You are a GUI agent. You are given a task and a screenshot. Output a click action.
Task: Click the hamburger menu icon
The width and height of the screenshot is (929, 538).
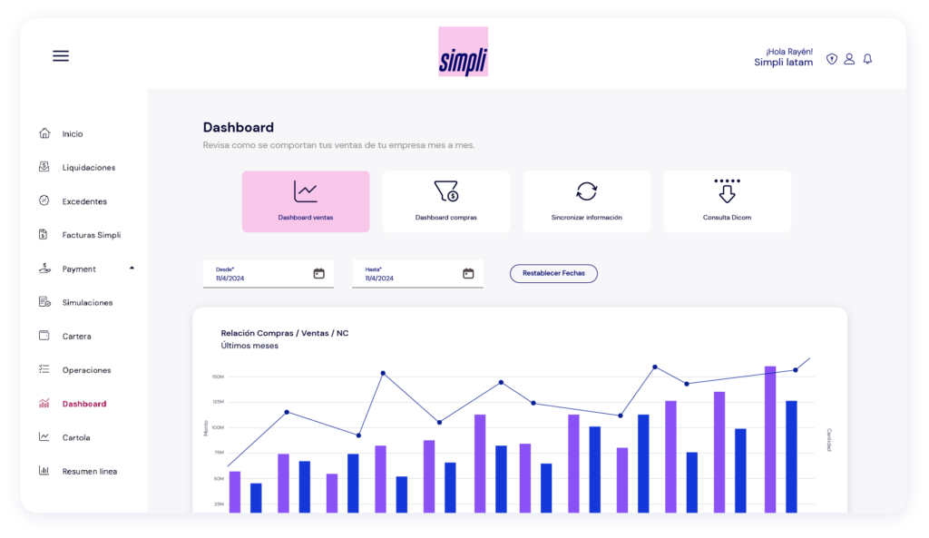[61, 56]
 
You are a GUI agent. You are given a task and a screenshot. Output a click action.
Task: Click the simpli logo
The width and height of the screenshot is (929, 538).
[463, 52]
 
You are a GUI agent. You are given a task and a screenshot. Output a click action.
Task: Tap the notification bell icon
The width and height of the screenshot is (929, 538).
[867, 59]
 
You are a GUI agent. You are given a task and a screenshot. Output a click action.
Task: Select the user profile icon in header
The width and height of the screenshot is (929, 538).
[849, 59]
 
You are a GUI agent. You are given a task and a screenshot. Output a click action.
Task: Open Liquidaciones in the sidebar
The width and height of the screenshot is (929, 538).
[88, 168]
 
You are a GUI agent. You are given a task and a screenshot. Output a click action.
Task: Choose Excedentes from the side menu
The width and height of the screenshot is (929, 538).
[84, 201]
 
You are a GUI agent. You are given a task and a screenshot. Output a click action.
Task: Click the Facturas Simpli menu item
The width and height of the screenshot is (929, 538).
[91, 235]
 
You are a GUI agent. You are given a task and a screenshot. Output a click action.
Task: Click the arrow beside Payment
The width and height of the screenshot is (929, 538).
[132, 269]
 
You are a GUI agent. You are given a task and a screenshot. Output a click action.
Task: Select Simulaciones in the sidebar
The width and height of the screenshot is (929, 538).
[87, 302]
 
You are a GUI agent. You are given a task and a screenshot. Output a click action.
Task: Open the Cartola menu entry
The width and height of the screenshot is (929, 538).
[76, 437]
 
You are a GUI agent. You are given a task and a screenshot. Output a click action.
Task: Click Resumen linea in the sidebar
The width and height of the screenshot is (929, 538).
[89, 471]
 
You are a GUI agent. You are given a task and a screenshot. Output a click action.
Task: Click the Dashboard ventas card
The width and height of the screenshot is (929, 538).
[306, 201]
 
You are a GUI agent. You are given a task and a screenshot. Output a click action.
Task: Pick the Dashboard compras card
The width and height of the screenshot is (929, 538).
[445, 201]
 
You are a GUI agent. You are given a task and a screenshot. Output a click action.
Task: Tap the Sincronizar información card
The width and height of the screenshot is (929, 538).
[586, 201]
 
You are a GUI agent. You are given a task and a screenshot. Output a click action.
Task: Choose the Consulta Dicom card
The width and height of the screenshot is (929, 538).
[727, 201]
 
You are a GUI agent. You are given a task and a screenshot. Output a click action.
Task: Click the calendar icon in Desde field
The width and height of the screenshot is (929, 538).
[319, 273]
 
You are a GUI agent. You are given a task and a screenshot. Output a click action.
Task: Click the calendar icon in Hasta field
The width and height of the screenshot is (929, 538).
[468, 273]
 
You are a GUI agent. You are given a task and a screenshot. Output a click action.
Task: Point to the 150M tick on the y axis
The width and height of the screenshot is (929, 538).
[218, 377]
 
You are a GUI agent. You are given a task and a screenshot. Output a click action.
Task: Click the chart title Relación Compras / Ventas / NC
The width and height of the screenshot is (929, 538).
[285, 333]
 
